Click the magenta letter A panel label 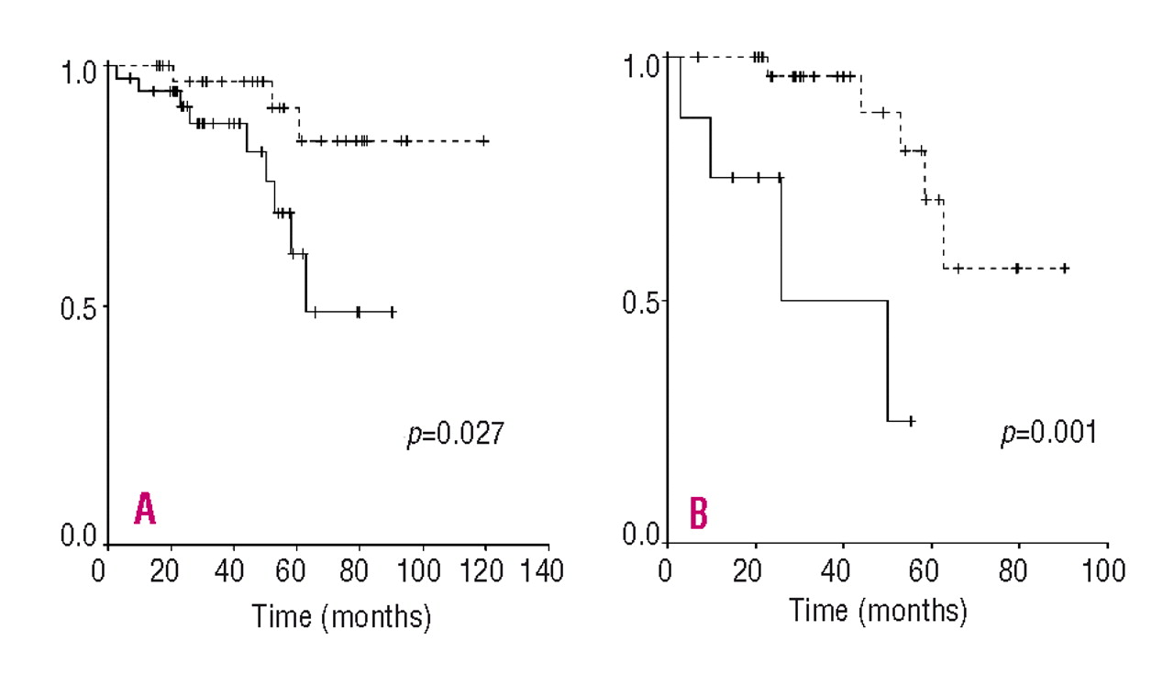point(144,509)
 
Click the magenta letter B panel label point(698,514)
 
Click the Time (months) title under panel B point(878,610)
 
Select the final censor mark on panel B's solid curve point(911,421)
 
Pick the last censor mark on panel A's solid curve point(392,312)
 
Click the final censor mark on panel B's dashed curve point(1064,268)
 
